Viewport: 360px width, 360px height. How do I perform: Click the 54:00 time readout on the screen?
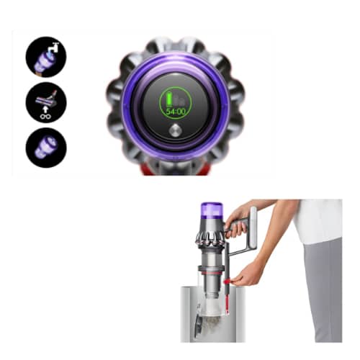click(176, 112)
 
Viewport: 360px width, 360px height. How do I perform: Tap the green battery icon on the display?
click(169, 99)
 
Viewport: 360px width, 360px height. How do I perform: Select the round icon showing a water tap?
click(46, 57)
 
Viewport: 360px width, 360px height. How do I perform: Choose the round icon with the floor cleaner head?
click(46, 102)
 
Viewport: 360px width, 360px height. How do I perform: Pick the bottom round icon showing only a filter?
click(46, 148)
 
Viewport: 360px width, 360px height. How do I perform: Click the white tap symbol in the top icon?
click(53, 49)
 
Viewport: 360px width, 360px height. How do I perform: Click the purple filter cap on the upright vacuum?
click(212, 208)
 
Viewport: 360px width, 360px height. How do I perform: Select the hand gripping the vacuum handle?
click(235, 221)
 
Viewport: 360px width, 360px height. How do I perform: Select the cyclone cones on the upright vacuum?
click(210, 238)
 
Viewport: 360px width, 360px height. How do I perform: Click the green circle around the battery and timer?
click(176, 103)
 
